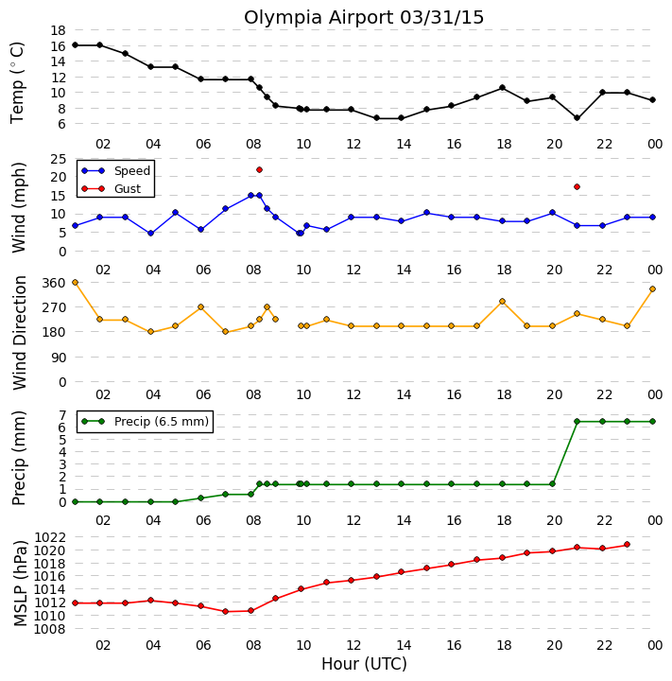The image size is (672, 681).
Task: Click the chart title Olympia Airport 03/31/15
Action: [363, 18]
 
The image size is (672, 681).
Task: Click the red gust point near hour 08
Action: [259, 170]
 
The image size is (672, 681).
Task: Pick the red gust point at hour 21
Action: [577, 186]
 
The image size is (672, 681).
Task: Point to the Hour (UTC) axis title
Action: [364, 664]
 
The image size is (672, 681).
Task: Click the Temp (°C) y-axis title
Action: [16, 82]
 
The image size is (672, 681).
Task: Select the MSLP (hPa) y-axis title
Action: [20, 583]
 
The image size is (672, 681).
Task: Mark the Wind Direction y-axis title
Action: [20, 333]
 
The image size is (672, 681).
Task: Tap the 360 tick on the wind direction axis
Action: [53, 283]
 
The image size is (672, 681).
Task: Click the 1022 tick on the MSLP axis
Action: [50, 537]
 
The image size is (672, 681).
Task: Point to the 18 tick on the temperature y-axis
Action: [59, 30]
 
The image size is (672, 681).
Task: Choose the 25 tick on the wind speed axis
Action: [59, 160]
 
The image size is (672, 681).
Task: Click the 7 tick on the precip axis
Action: [62, 415]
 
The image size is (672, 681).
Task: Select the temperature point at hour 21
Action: [577, 117]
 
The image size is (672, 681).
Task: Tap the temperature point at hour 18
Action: [502, 88]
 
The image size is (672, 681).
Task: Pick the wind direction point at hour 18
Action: [502, 301]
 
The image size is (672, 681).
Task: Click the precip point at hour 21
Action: [577, 421]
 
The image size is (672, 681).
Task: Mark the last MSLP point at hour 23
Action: [627, 544]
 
